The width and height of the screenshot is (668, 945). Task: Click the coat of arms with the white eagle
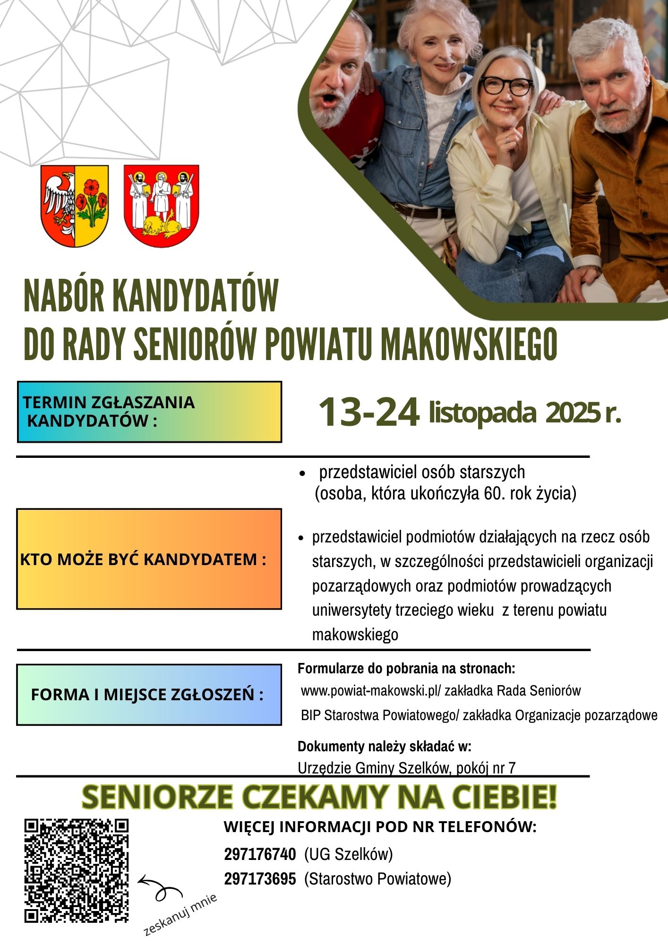(x=75, y=206)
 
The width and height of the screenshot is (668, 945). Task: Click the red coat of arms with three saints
(x=161, y=206)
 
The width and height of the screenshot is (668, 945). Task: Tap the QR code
(x=77, y=870)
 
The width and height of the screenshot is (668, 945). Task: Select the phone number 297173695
(x=260, y=879)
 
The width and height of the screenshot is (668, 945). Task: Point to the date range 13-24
(x=369, y=412)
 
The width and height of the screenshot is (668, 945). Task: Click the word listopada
(x=482, y=412)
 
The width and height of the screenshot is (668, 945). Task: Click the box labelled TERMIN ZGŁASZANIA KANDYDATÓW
(x=149, y=412)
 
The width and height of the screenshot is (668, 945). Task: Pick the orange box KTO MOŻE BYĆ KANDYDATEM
(x=149, y=559)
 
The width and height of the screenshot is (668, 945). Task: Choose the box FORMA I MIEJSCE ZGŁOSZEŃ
(x=149, y=695)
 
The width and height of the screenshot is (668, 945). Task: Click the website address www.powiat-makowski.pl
(x=370, y=691)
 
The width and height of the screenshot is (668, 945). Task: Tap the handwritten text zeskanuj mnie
(x=180, y=915)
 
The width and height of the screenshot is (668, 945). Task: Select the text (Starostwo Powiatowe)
(x=377, y=879)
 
